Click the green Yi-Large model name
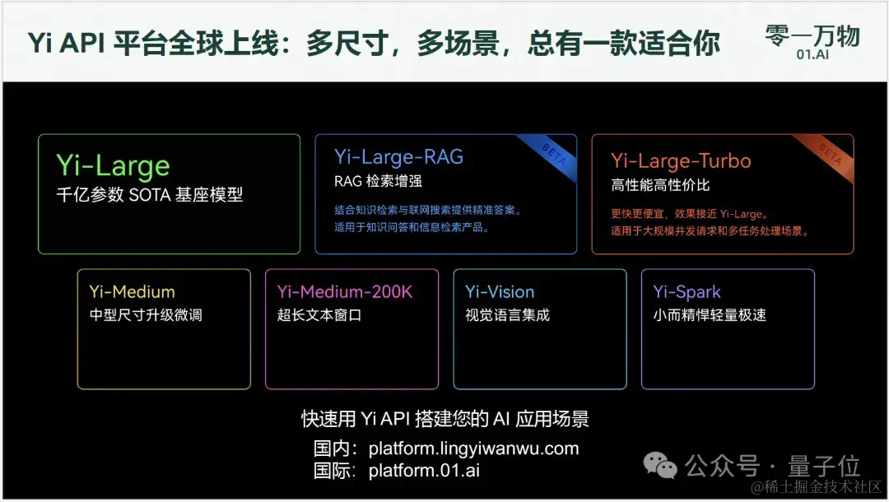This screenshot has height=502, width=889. pyautogui.click(x=113, y=167)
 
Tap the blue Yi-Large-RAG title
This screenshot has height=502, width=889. pyautogui.click(x=398, y=156)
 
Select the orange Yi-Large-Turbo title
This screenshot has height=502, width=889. pyautogui.click(x=681, y=160)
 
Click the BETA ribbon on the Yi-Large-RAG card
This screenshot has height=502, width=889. pyautogui.click(x=552, y=153)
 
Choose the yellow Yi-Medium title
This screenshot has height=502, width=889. pyautogui.click(x=132, y=292)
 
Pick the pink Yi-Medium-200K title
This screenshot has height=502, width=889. pyautogui.click(x=344, y=292)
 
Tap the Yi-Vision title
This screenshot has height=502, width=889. pyautogui.click(x=500, y=292)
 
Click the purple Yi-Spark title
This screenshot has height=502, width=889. pyautogui.click(x=687, y=292)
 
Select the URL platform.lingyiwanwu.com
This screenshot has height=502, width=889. pyautogui.click(x=473, y=449)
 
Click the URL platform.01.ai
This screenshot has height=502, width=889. pyautogui.click(x=424, y=471)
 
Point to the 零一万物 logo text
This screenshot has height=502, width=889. pyautogui.click(x=812, y=35)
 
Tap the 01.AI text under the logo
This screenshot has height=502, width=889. pyautogui.click(x=812, y=55)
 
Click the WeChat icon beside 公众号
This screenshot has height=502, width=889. pyautogui.click(x=661, y=467)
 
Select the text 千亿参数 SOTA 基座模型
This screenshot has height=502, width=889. pyautogui.click(x=150, y=196)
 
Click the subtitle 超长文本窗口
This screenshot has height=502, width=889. pyautogui.click(x=319, y=315)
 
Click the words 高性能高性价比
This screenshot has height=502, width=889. pyautogui.click(x=660, y=185)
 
